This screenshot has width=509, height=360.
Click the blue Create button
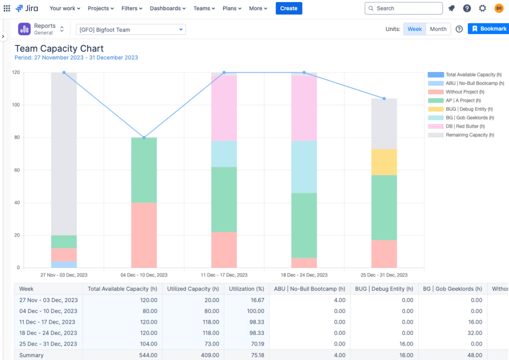(x=289, y=8)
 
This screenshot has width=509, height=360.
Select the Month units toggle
(x=438, y=29)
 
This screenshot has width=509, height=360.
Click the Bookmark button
(x=489, y=29)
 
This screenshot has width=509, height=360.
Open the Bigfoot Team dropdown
(x=131, y=30)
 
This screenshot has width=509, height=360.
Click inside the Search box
(x=404, y=8)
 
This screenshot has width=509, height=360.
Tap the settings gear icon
(x=483, y=8)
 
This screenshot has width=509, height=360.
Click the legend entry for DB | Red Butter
(x=465, y=126)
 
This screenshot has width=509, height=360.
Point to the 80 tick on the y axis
(x=17, y=138)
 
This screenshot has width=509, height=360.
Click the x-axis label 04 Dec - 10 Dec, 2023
(x=144, y=275)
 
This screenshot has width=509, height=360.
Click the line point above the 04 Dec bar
(x=144, y=138)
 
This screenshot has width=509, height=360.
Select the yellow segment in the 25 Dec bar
(x=384, y=162)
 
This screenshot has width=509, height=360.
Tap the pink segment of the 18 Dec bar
(x=304, y=108)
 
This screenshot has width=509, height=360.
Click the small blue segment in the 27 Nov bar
(x=64, y=265)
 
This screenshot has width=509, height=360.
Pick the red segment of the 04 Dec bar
(x=144, y=235)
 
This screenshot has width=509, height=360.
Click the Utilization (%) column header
(x=246, y=289)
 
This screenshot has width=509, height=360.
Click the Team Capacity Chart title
(x=59, y=48)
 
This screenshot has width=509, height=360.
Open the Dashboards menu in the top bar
(x=168, y=8)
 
